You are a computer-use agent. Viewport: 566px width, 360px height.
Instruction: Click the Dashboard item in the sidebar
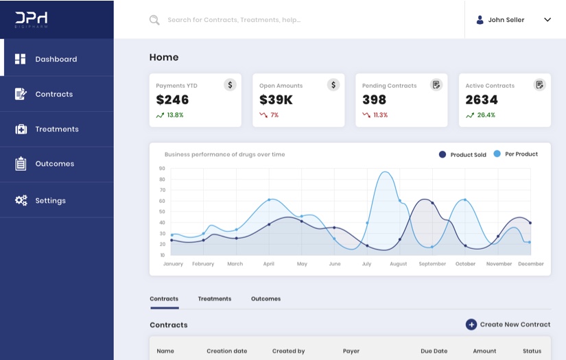click(x=56, y=59)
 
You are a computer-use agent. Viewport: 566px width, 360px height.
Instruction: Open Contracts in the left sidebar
click(x=54, y=94)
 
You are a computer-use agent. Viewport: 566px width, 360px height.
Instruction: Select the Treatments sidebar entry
click(x=56, y=129)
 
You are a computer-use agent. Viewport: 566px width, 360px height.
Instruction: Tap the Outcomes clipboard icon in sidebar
click(x=21, y=164)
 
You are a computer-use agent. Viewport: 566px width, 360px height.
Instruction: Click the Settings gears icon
click(x=21, y=200)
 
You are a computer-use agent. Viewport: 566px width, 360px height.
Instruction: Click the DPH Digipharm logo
click(x=32, y=19)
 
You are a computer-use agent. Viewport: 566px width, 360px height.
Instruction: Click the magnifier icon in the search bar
click(x=154, y=20)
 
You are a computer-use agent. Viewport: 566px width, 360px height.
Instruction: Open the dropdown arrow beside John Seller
click(x=547, y=20)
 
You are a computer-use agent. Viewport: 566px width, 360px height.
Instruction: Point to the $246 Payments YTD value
click(x=172, y=100)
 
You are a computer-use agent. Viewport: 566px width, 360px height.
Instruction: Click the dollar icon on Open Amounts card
click(x=333, y=85)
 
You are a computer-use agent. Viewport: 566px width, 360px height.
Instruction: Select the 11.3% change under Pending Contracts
click(x=380, y=115)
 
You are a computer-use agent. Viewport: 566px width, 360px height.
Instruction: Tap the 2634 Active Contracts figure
click(x=482, y=100)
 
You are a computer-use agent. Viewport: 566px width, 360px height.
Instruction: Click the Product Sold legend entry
click(x=463, y=155)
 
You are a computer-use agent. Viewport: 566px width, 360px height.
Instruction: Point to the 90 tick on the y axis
click(x=162, y=168)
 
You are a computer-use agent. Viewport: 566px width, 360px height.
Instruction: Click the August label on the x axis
click(x=398, y=264)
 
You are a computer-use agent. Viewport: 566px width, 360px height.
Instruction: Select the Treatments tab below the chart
click(x=215, y=299)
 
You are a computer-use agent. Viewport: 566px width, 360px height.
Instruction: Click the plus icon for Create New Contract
click(x=471, y=324)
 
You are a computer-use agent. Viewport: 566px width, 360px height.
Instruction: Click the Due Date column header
click(x=434, y=351)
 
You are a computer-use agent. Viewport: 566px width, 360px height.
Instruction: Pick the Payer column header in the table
click(x=351, y=351)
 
